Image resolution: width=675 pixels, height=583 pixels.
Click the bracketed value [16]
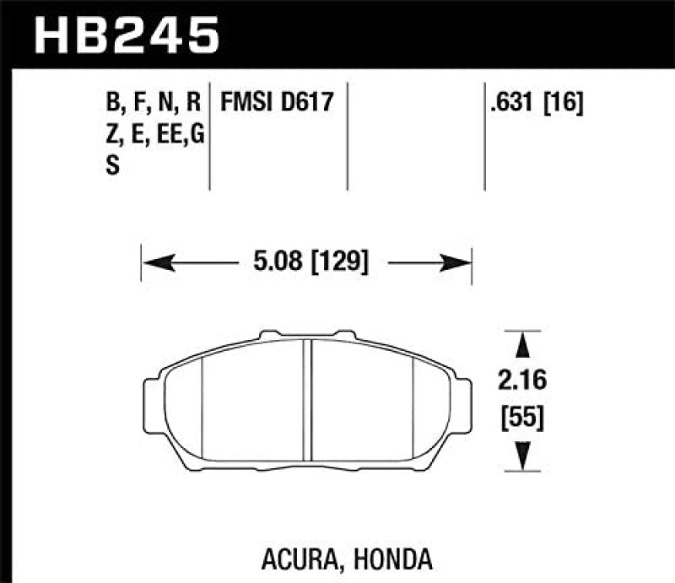tap(564, 104)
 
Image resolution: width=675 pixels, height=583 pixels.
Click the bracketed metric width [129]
tap(339, 262)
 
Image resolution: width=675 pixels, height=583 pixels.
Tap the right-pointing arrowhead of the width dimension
tap(459, 263)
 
